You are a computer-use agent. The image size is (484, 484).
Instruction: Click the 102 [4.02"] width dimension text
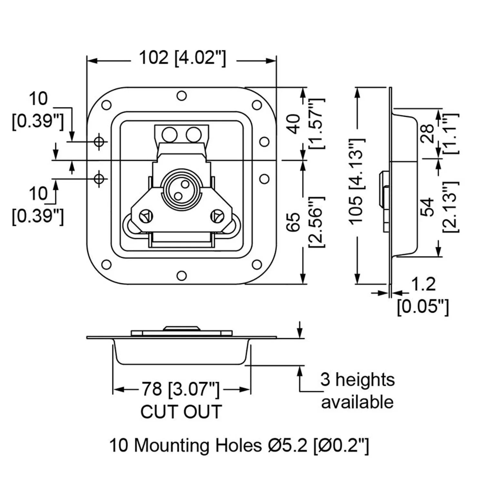[182, 58]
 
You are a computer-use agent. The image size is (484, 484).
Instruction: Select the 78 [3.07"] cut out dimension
[181, 389]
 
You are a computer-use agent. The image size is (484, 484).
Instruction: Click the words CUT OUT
[181, 411]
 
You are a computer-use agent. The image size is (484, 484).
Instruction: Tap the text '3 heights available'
[357, 391]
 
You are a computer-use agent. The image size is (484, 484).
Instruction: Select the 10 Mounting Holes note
[239, 446]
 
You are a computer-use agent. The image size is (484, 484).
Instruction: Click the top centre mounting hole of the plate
[182, 96]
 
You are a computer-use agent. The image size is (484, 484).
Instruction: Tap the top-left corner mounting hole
[106, 105]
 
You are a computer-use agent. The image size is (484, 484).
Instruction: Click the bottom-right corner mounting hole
[257, 265]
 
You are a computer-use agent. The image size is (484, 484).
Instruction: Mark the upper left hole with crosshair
[99, 141]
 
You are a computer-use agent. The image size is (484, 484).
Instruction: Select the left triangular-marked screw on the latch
[146, 216]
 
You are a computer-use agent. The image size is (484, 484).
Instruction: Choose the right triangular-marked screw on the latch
[217, 216]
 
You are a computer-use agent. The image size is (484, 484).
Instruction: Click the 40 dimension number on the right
[294, 124]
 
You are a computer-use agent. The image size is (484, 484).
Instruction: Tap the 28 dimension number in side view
[428, 133]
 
